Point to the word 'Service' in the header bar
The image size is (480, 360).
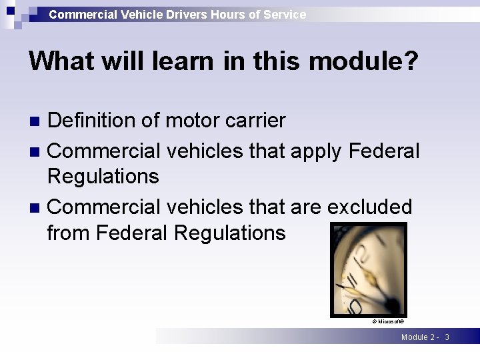(284, 14)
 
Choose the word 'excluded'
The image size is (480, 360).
(370, 207)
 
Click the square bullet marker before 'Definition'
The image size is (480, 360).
(37, 121)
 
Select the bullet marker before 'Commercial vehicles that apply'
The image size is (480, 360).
(37, 152)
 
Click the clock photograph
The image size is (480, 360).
(369, 270)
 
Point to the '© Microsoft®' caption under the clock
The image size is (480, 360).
(388, 321)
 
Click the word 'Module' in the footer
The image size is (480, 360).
(415, 337)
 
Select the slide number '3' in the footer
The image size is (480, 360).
(447, 337)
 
